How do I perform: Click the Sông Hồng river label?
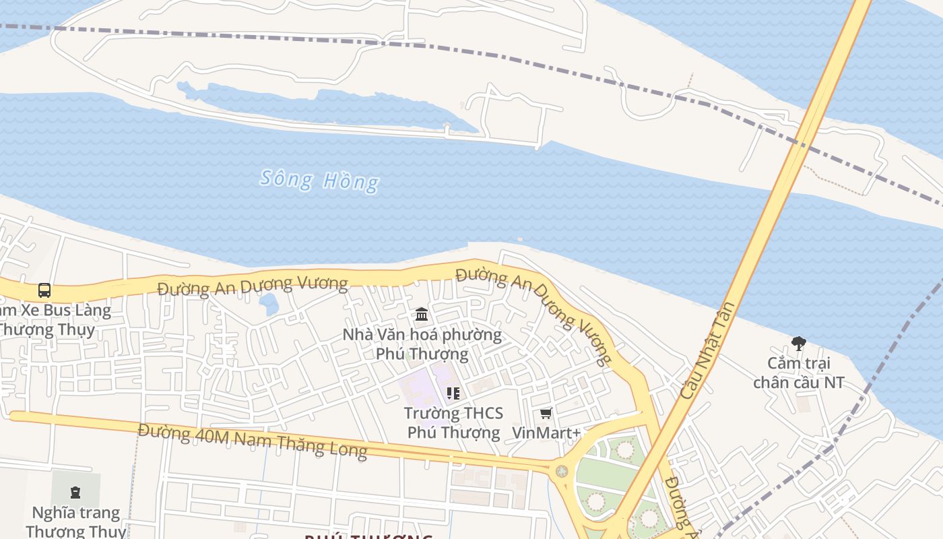pos(319,180)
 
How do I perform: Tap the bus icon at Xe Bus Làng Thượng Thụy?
pos(44,290)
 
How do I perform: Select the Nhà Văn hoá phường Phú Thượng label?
pos(422,344)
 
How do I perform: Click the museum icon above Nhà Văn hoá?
pos(422,314)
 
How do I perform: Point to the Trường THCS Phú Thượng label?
pos(453,422)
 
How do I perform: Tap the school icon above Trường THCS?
pos(453,393)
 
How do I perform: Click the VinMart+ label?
pos(546,433)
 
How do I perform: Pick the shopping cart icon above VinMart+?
pos(546,413)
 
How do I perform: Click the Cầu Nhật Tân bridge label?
pos(707,350)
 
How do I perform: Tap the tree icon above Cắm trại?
pos(798,344)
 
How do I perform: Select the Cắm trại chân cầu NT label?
pos(798,373)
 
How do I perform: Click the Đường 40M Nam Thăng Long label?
pos(253,441)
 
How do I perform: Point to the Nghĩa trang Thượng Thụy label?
pos(75,521)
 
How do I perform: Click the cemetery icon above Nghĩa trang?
pos(75,491)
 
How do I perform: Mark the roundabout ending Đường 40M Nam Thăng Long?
pos(562,471)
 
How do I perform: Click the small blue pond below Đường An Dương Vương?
pos(269,305)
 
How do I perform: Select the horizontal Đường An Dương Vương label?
pos(252,286)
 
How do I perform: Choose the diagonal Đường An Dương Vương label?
pos(535,314)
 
